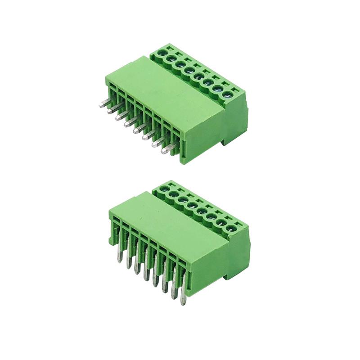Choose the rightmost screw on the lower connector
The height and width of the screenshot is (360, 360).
coord(231,228)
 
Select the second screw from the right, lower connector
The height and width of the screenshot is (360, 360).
coord(221,222)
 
